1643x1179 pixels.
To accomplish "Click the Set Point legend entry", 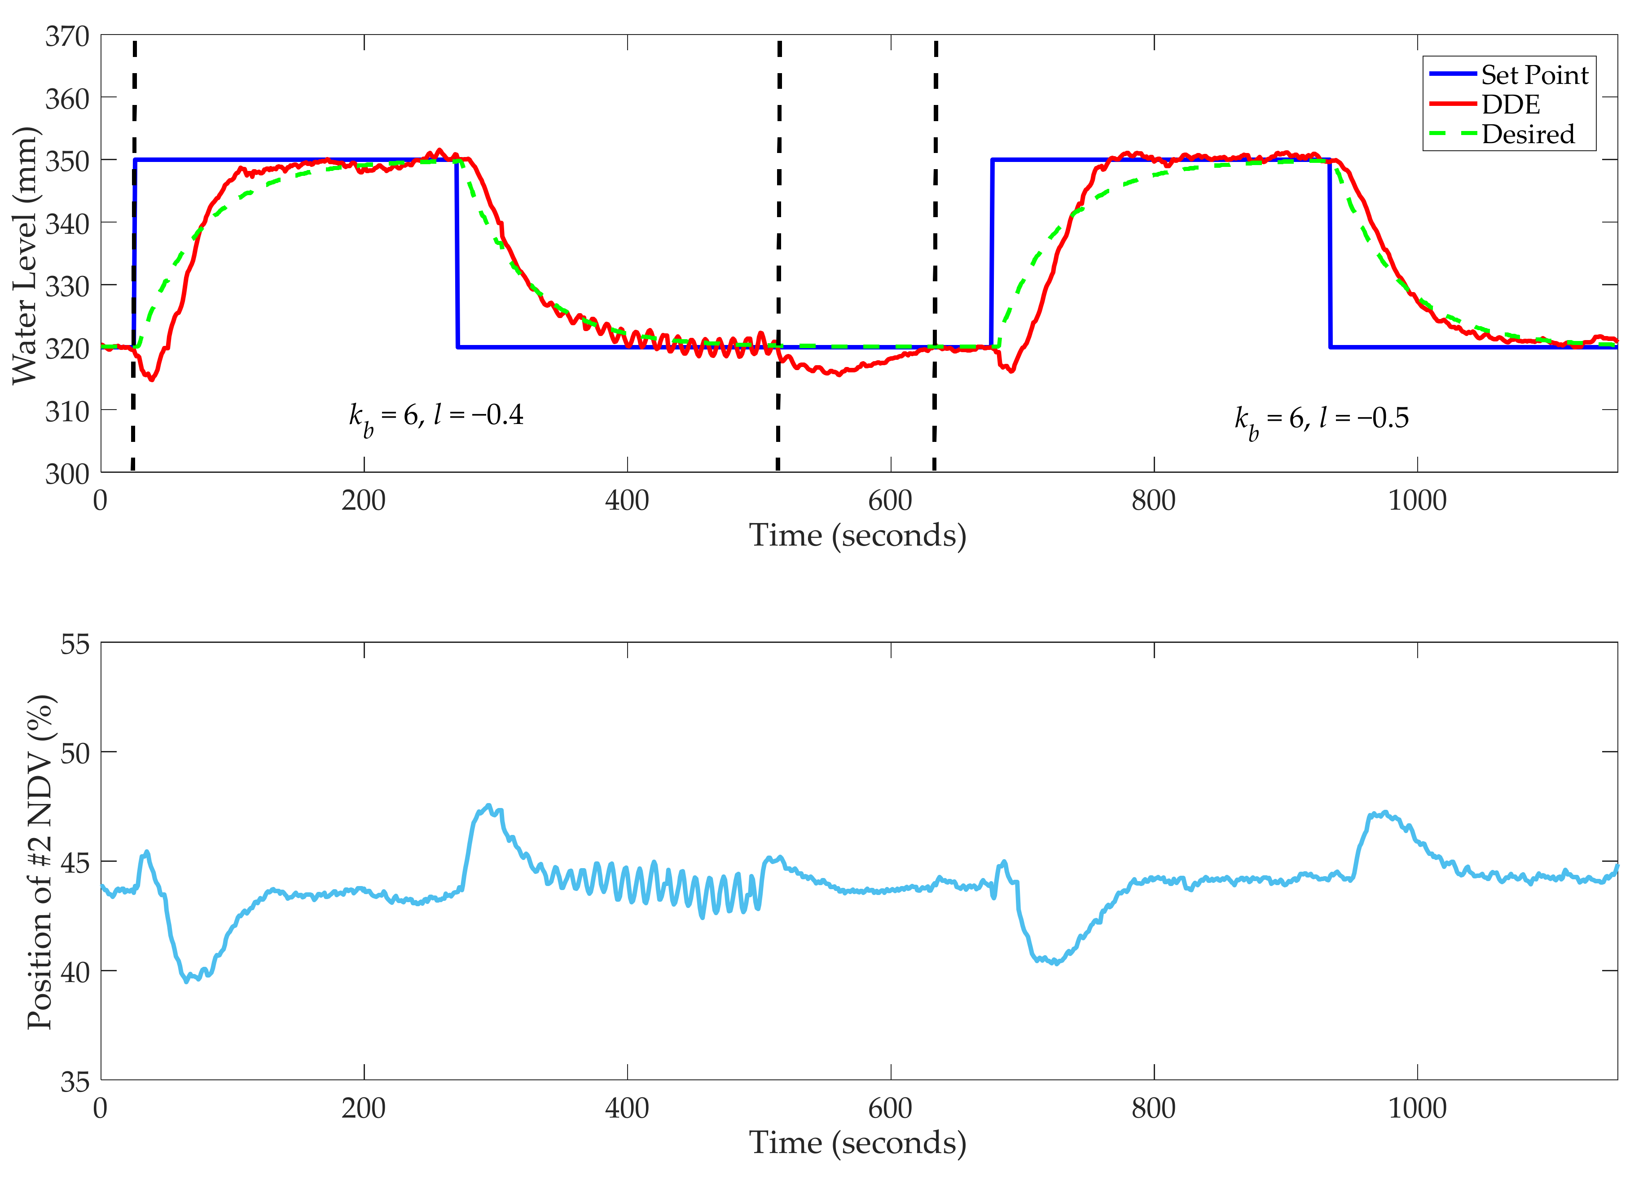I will tap(1533, 74).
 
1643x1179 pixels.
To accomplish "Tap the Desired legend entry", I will tap(1527, 134).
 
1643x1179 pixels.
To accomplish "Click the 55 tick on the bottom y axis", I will tap(75, 644).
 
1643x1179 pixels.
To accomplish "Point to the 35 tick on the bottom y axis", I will tap(75, 1082).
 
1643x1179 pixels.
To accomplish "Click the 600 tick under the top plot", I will tap(890, 500).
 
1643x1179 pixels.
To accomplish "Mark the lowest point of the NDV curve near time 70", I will tap(187, 981).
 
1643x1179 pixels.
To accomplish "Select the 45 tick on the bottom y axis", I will tap(75, 863).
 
